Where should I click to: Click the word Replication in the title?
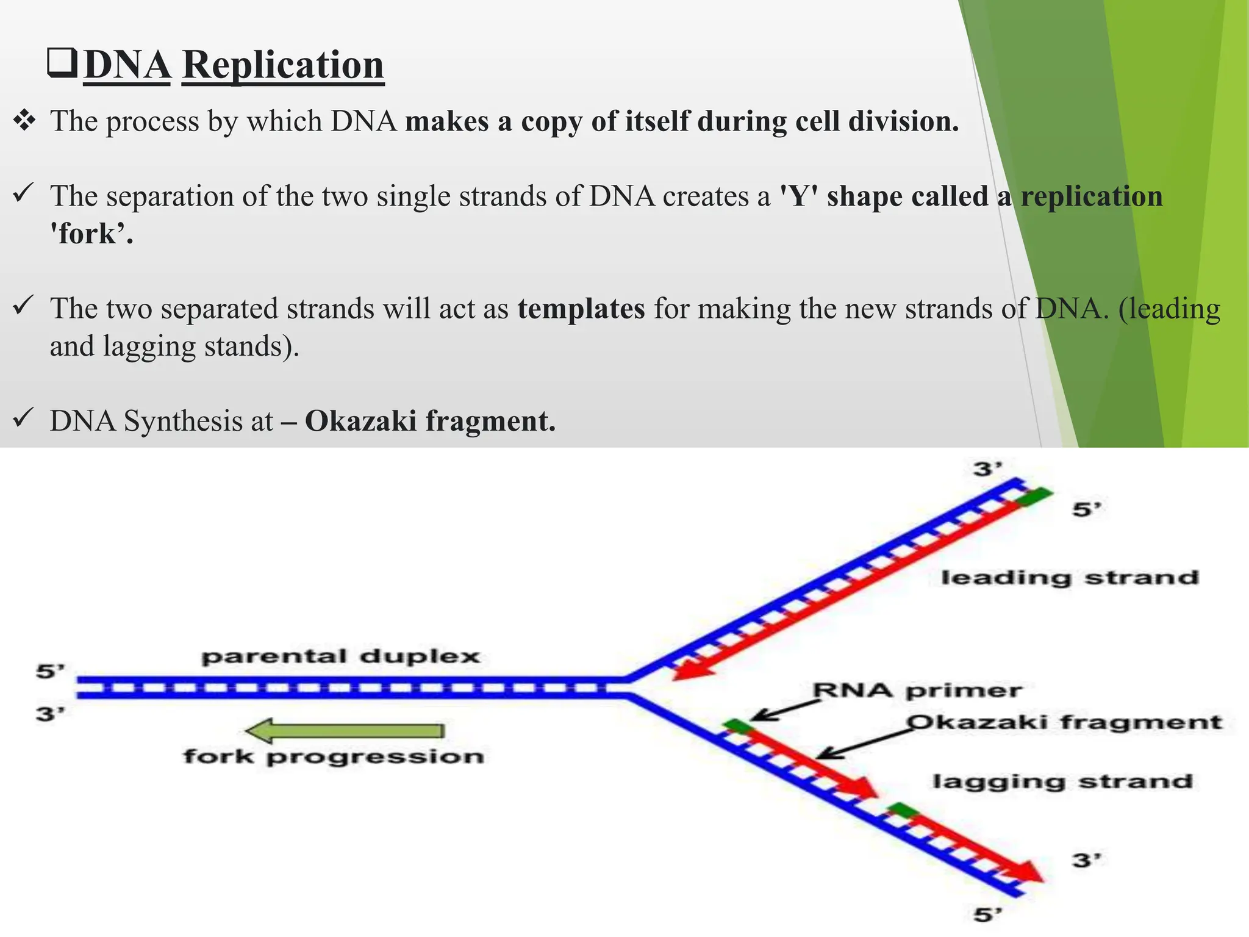pos(283,65)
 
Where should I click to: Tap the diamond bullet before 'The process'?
pos(25,121)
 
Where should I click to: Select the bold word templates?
pos(581,308)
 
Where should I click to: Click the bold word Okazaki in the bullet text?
pos(360,421)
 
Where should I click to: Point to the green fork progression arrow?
pos(345,730)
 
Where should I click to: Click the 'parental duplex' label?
pos(341,657)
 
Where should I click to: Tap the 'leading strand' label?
pos(1070,577)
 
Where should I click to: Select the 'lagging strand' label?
pos(1062,781)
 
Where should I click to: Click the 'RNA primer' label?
pos(917,691)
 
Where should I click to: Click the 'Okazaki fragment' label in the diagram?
pos(1065,722)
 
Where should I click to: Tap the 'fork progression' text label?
pos(334,757)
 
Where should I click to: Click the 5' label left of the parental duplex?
pos(50,672)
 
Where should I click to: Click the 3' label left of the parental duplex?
pos(50,713)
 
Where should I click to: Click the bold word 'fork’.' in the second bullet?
pos(91,234)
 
